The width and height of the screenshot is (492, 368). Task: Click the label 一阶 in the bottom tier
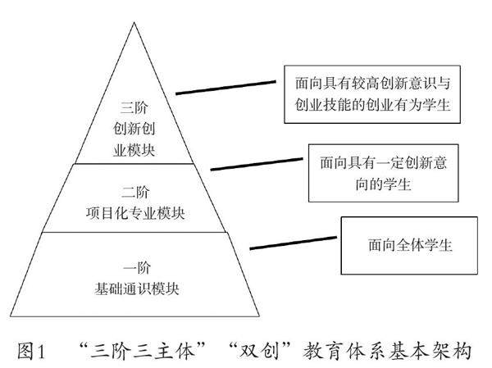click(135, 266)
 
